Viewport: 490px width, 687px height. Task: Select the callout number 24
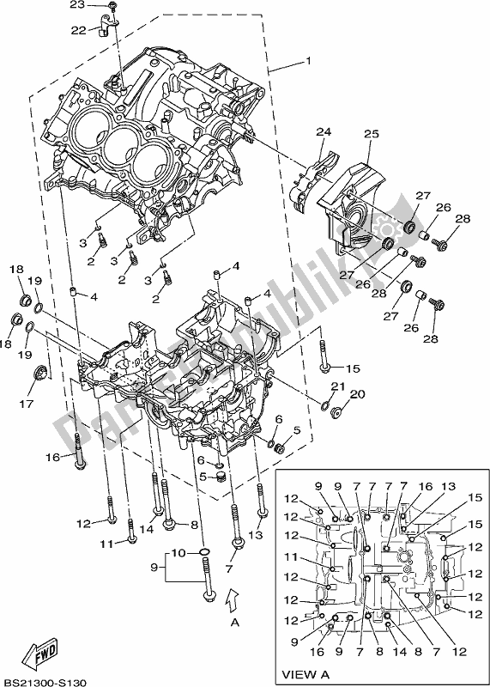pyautogui.click(x=323, y=131)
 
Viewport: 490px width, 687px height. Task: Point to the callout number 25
pyautogui.click(x=371, y=134)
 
